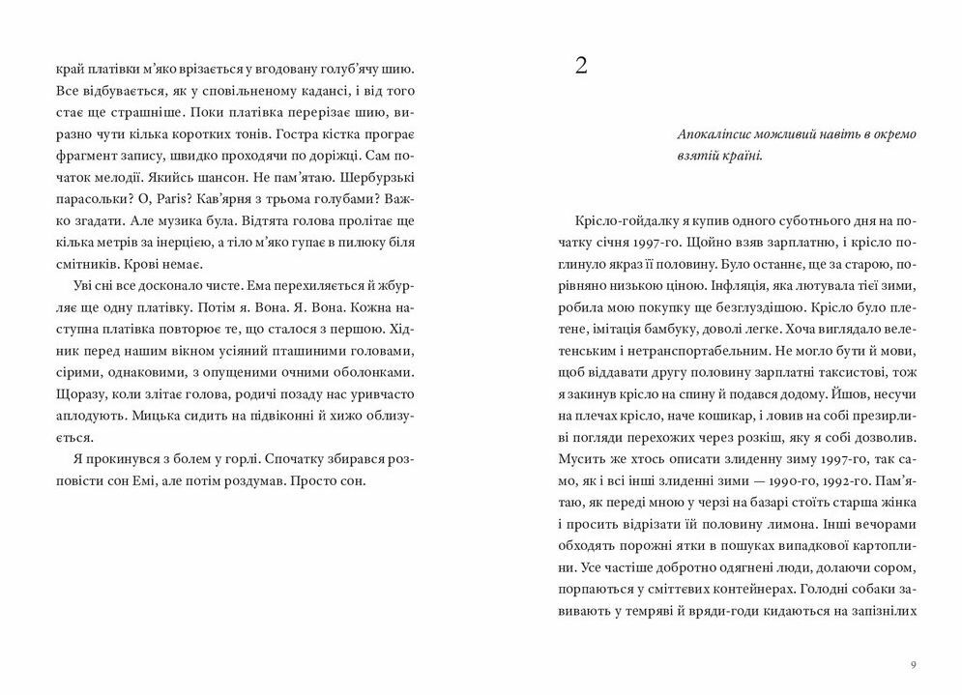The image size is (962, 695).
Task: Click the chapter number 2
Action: [x=580, y=67]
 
